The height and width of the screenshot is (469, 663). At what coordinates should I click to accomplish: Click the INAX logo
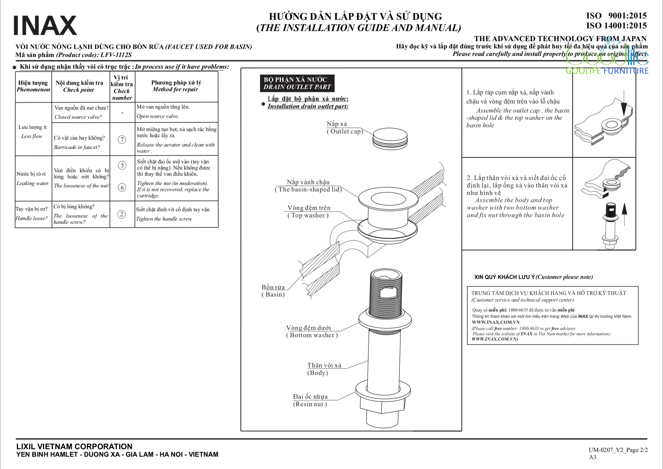[x=45, y=26]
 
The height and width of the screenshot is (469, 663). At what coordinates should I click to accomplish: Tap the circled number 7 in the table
[x=122, y=140]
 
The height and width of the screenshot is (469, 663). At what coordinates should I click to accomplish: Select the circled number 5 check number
[x=122, y=165]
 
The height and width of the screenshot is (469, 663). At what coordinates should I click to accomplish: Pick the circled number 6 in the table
[x=122, y=187]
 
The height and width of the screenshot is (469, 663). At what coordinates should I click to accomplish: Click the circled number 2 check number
[x=122, y=214]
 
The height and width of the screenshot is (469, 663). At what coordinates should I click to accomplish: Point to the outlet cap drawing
[x=390, y=138]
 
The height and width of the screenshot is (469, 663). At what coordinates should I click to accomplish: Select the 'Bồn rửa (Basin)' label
[x=273, y=291]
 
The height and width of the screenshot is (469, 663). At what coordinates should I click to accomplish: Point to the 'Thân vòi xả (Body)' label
[x=324, y=369]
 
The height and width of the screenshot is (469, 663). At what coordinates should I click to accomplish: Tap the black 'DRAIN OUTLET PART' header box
[x=297, y=83]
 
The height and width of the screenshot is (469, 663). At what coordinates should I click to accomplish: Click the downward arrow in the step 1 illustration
[x=624, y=104]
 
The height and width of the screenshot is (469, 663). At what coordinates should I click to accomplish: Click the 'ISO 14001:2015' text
[x=616, y=26]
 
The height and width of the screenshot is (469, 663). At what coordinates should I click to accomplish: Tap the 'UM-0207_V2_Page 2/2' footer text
[x=618, y=450]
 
